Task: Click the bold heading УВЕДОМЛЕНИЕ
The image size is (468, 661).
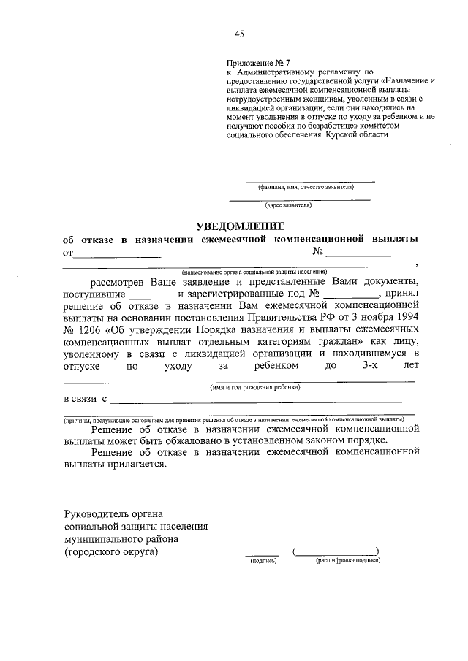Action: [238, 226]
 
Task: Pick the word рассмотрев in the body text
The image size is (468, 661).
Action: [118, 281]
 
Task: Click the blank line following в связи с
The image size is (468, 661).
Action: [261, 400]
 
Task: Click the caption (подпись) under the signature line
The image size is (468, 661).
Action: [262, 561]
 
